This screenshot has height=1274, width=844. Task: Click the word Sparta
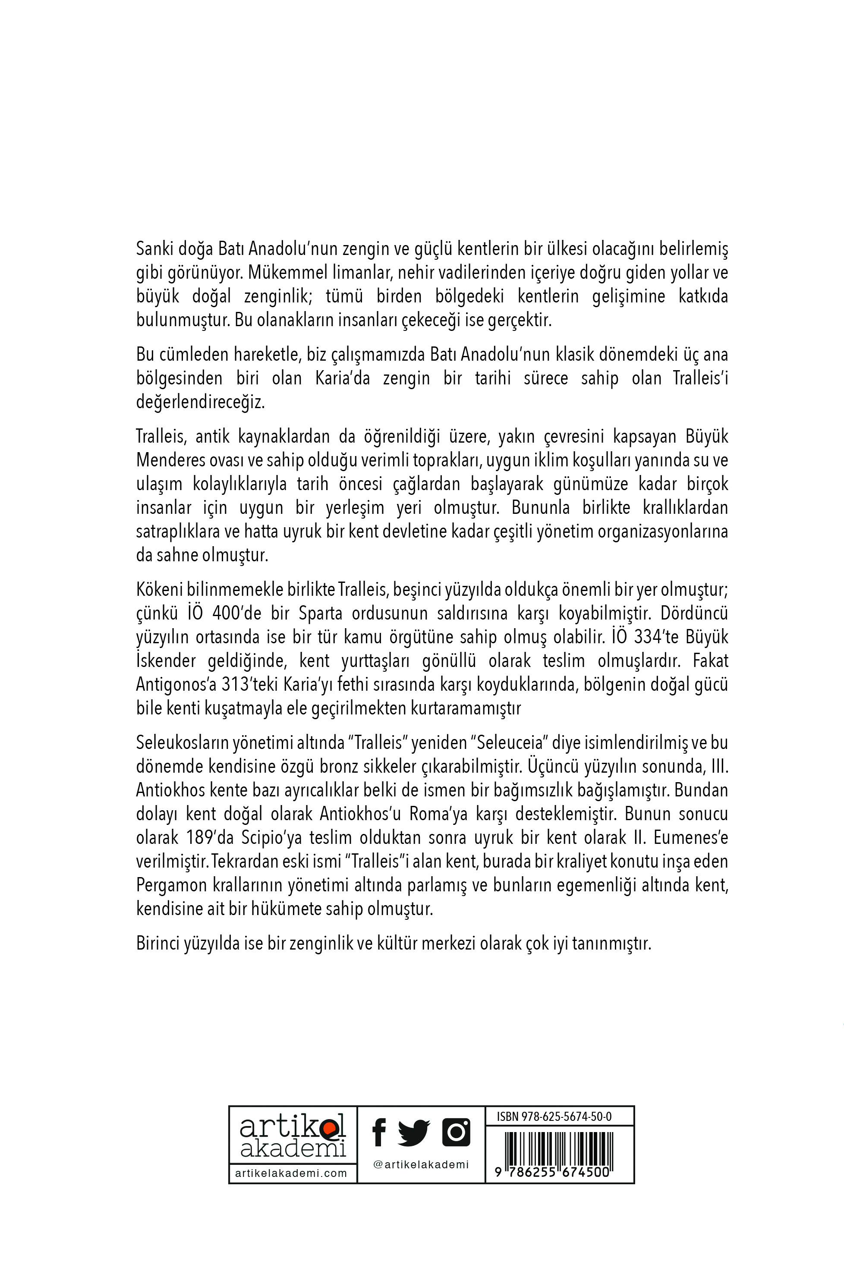point(320,613)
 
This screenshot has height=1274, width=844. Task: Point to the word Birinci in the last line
point(157,944)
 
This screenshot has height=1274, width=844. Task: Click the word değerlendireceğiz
point(200,402)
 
